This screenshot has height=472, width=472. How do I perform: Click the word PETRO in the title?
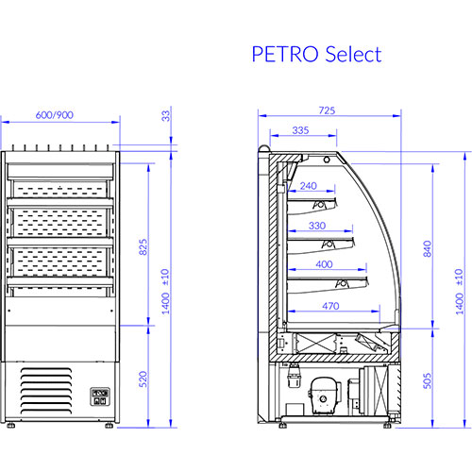285,54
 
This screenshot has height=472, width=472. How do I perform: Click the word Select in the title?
353,54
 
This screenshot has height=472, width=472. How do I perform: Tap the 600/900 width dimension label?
55,115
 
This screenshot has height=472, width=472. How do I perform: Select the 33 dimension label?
165,116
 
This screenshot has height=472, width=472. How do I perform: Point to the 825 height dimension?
143,247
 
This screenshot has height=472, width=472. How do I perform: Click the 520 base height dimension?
143,379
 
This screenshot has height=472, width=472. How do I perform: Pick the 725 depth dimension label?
327,110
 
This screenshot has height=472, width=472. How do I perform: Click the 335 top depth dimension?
300,130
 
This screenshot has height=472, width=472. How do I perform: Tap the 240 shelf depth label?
309,186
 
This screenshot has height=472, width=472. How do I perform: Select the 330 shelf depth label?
317,226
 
